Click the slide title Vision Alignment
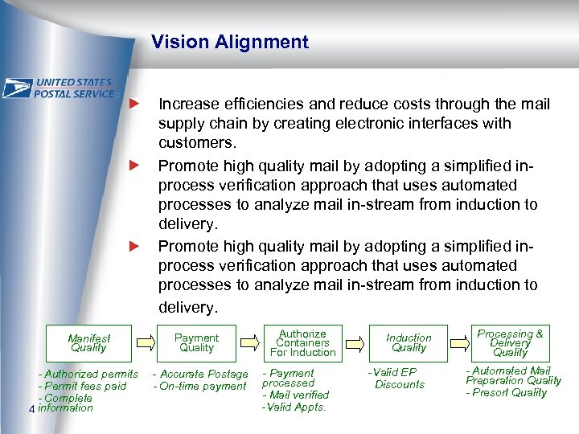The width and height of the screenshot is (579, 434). [229, 43]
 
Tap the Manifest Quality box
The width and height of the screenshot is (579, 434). [88, 343]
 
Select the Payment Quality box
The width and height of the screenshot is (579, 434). [196, 343]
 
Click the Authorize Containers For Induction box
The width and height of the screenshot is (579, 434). [302, 343]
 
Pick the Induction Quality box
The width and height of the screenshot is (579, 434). [409, 343]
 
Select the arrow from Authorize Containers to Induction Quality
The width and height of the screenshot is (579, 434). [355, 343]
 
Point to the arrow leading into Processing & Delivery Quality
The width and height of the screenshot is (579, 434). [461, 343]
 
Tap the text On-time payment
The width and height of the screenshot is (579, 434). [202, 386]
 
